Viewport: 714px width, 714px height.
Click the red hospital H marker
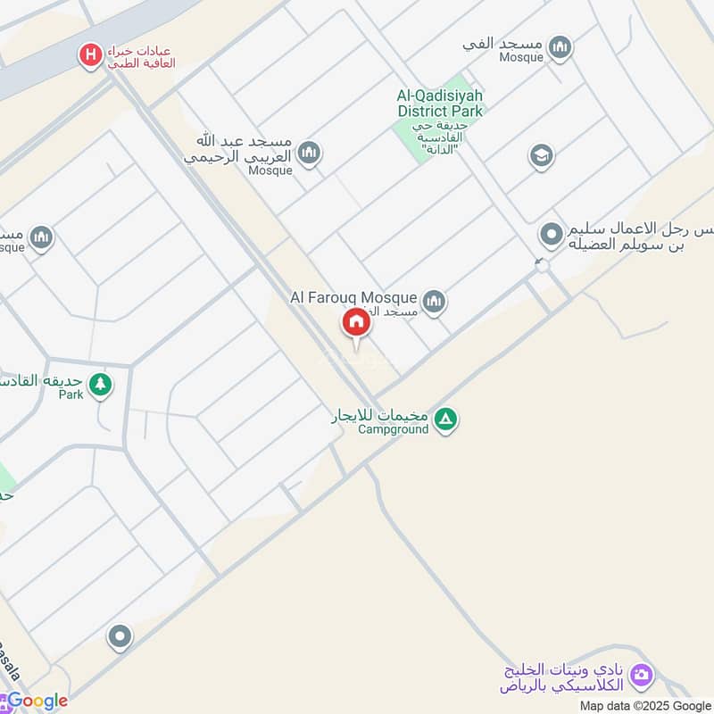90,56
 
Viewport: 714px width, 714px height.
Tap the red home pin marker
355,322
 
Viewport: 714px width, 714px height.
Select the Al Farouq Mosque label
353,296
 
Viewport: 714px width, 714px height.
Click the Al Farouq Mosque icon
434,302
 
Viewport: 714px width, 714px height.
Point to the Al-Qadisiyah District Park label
440,104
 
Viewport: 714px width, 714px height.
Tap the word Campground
393,429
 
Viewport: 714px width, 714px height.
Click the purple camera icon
641,676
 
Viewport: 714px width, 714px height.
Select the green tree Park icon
100,385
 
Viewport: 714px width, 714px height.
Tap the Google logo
36,701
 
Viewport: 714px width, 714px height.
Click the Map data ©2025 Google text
643,704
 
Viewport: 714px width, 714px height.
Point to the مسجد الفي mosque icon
560,47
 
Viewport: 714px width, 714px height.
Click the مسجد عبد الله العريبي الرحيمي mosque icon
309,154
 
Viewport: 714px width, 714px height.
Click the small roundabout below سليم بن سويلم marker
541,265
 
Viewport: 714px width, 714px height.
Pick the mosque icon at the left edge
41,238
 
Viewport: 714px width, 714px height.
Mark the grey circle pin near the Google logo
119,637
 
